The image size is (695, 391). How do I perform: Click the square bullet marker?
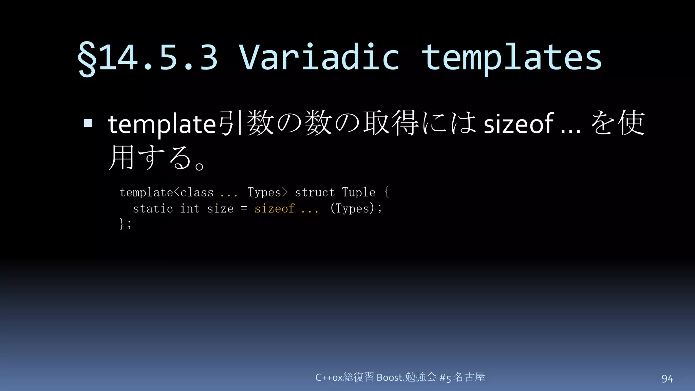pyautogui.click(x=88, y=123)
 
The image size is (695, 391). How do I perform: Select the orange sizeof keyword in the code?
pyautogui.click(x=274, y=208)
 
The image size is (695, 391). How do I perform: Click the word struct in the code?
pyautogui.click(x=315, y=192)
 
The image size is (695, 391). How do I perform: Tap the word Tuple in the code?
pyautogui.click(x=359, y=192)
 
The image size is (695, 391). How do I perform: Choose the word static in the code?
pyautogui.click(x=153, y=208)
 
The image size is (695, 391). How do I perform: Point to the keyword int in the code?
pyautogui.click(x=190, y=208)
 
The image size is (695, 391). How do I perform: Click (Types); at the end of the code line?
pyautogui.click(x=356, y=208)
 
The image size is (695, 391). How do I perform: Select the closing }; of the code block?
pyautogui.click(x=125, y=224)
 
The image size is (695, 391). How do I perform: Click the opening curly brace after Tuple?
pyautogui.click(x=387, y=192)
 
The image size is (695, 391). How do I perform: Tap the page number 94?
pyautogui.click(x=667, y=378)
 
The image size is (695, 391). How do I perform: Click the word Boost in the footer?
pyautogui.click(x=390, y=377)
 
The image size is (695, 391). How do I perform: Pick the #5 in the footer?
pyautogui.click(x=445, y=377)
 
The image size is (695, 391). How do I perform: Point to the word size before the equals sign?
pyautogui.click(x=220, y=208)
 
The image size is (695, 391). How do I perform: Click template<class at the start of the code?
pyautogui.click(x=167, y=192)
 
